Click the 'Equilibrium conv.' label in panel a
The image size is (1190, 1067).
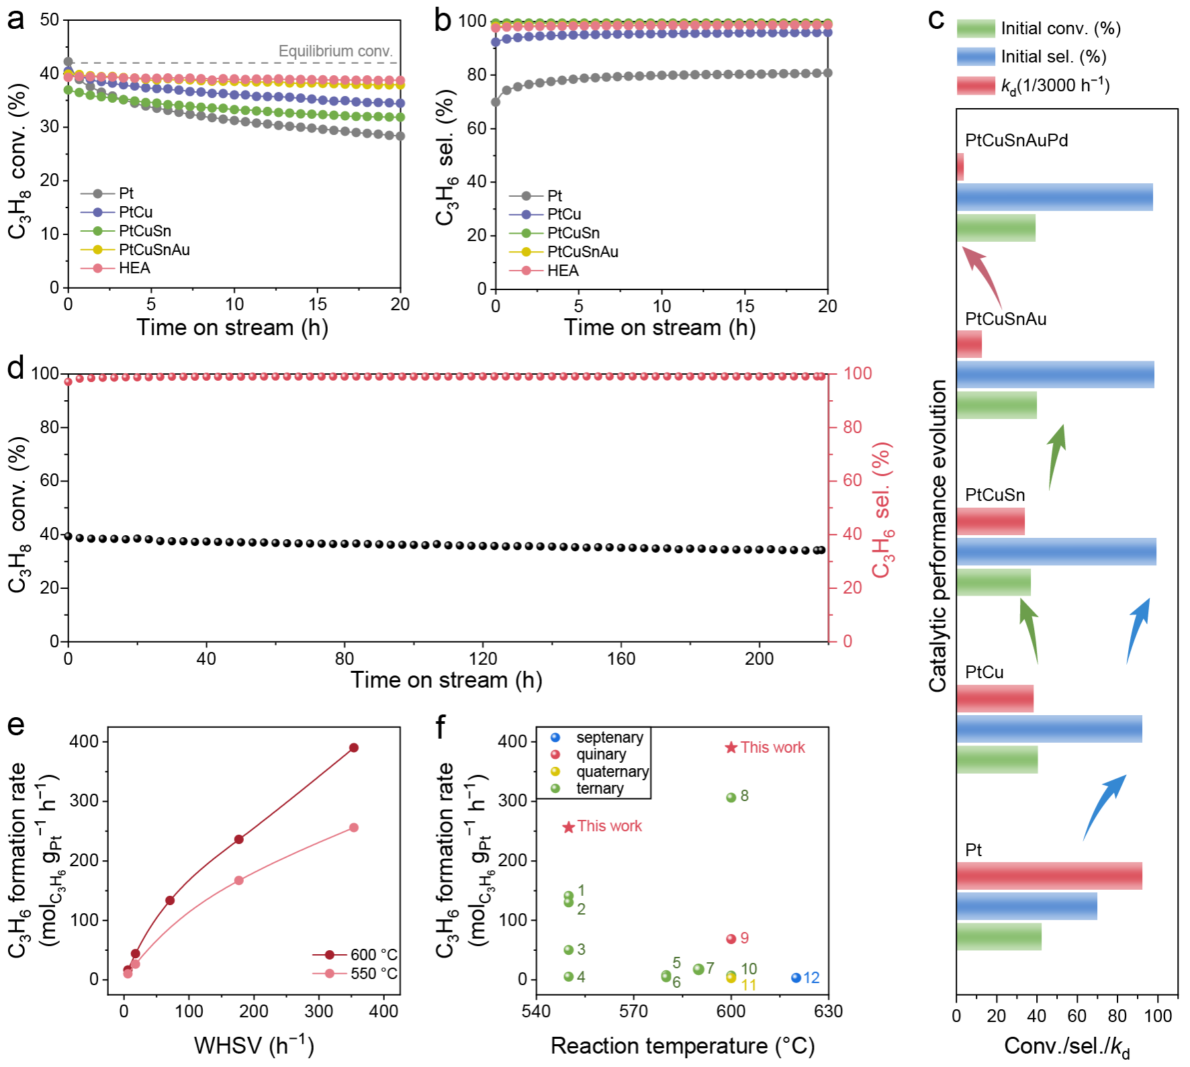coord(335,51)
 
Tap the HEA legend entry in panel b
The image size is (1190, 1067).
coord(562,271)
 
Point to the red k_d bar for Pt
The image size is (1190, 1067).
coord(1049,876)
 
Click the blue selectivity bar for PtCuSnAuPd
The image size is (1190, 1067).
coord(1054,197)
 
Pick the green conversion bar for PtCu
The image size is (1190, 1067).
coord(997,759)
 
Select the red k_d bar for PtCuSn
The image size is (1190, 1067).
coord(991,521)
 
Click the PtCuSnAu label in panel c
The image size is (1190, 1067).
coord(1005,319)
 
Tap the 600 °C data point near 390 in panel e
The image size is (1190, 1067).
coord(353,747)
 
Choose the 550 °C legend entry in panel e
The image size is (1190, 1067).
coord(373,973)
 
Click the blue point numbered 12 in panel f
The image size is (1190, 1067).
coord(796,978)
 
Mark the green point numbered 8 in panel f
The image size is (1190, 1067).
coord(731,797)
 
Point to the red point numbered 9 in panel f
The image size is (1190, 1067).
coord(731,939)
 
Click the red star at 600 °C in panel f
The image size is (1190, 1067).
coord(731,747)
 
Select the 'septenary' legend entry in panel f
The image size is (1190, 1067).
coord(609,737)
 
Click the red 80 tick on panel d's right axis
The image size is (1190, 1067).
coord(852,427)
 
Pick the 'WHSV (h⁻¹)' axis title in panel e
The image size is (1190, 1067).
coord(254,1045)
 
